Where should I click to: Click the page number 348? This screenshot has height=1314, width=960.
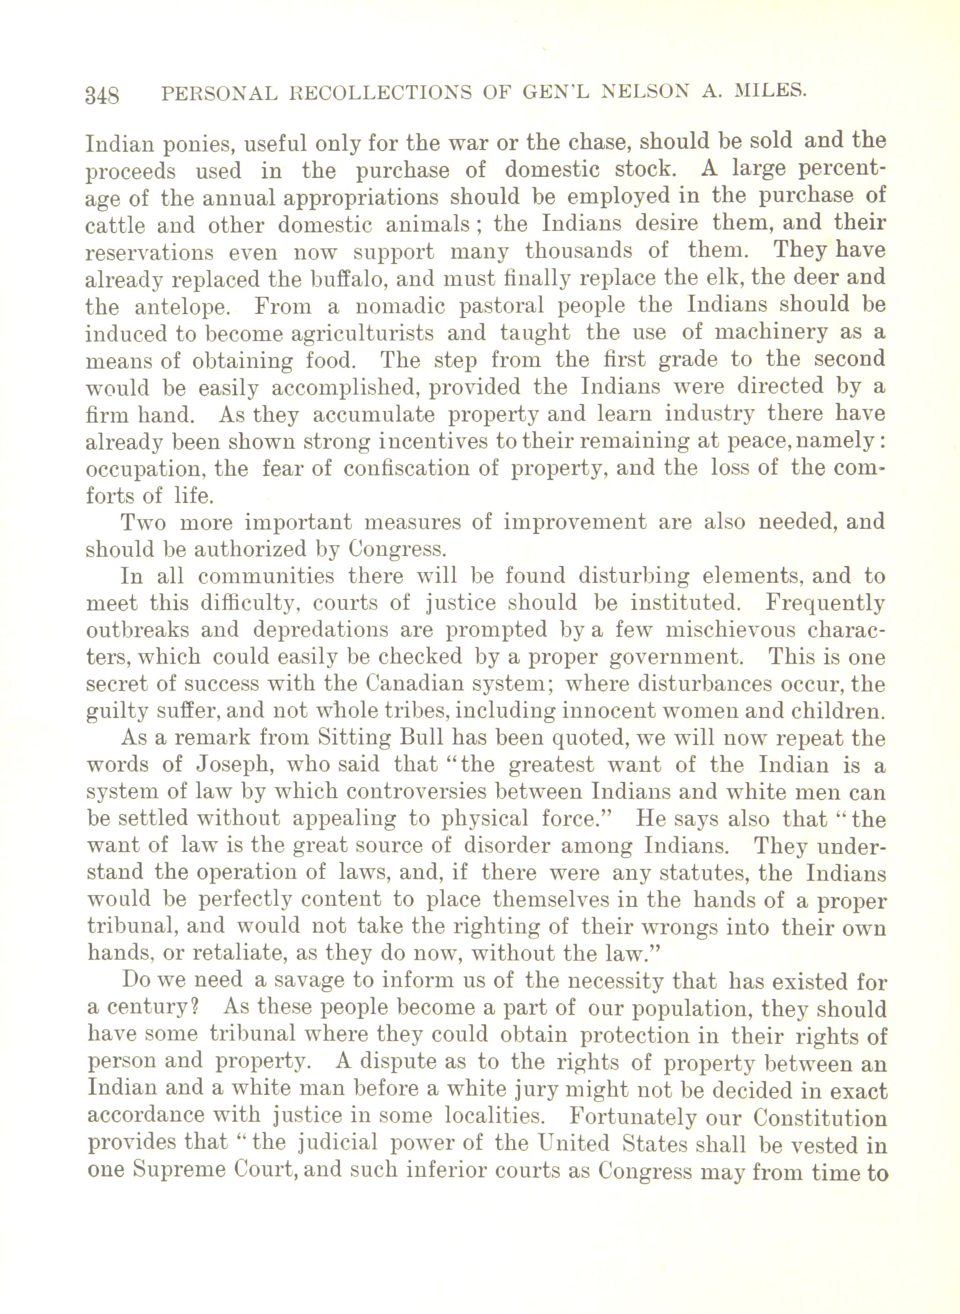(102, 94)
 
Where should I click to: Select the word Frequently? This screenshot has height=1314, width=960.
(825, 604)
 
